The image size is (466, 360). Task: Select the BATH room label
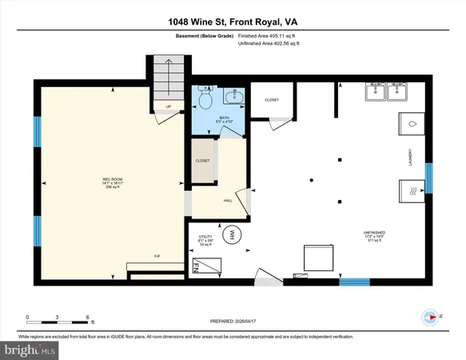tap(225, 118)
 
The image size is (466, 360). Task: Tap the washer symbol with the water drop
tap(411, 126)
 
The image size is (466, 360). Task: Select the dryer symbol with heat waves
tap(411, 192)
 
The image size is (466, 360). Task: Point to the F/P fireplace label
tap(157, 256)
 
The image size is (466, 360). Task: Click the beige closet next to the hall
tap(202, 161)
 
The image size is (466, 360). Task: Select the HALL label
tap(228, 201)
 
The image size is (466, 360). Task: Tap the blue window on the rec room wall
tap(37, 133)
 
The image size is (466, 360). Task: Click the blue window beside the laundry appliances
tap(429, 178)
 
